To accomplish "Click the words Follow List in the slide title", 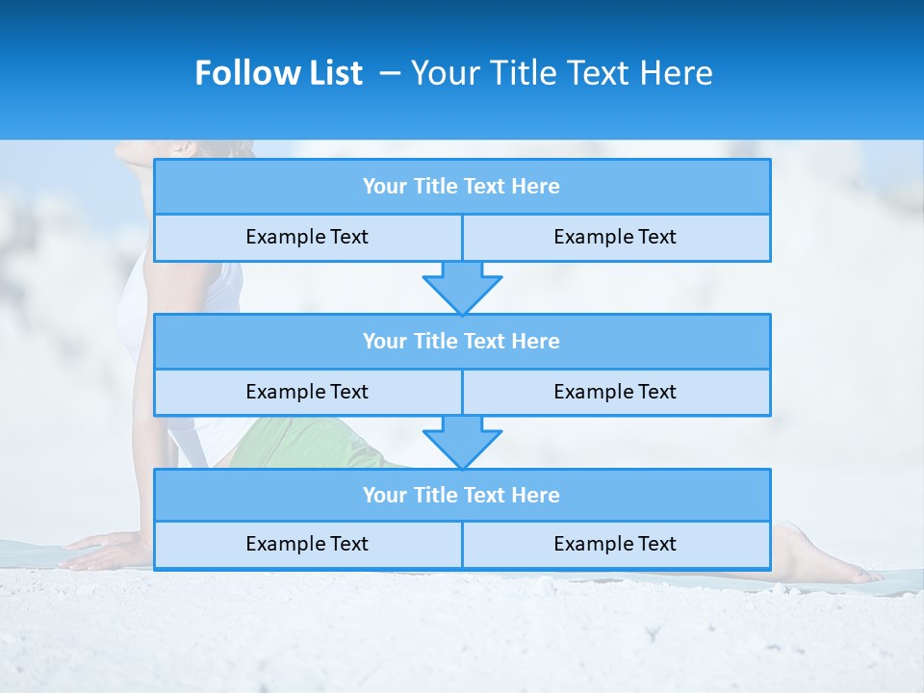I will point(278,73).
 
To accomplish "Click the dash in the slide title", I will point(389,73).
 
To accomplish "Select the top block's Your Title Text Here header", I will point(461,187).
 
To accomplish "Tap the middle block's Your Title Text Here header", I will point(461,341).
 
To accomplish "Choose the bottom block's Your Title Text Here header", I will point(461,495).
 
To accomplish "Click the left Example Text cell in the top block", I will point(307,237).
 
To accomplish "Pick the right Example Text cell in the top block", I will point(615,237).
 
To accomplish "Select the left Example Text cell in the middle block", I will point(307,392).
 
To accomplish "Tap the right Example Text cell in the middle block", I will point(615,392).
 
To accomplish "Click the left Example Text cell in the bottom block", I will point(307,544).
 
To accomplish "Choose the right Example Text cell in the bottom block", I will point(615,544).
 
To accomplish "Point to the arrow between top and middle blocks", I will point(462,287).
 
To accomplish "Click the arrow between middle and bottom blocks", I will point(462,442).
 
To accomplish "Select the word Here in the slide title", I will point(678,73).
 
